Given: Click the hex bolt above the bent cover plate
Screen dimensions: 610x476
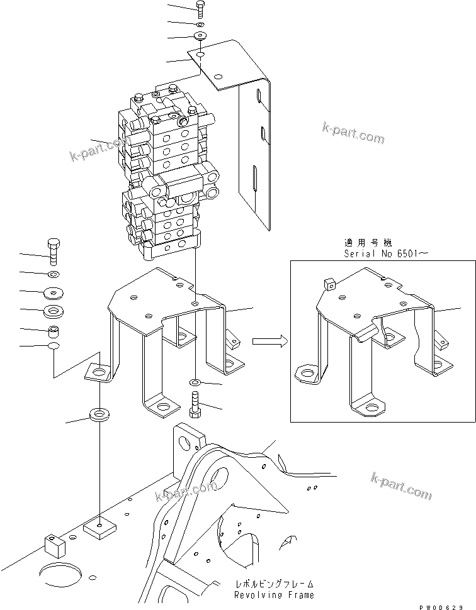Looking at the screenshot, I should (200, 8).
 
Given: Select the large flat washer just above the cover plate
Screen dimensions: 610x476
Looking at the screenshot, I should (200, 36).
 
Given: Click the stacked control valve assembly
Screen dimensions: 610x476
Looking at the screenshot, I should (167, 176).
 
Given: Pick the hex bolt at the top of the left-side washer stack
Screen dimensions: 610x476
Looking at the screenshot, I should (53, 252).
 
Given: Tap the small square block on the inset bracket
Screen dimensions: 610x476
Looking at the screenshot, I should (329, 284).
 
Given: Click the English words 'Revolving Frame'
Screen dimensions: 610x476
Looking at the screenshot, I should (273, 594).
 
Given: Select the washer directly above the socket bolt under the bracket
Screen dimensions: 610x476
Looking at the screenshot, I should (195, 382).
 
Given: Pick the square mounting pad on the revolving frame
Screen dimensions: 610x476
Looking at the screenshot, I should (99, 527).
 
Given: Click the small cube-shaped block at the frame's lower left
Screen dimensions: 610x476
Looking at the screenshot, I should (54, 545).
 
